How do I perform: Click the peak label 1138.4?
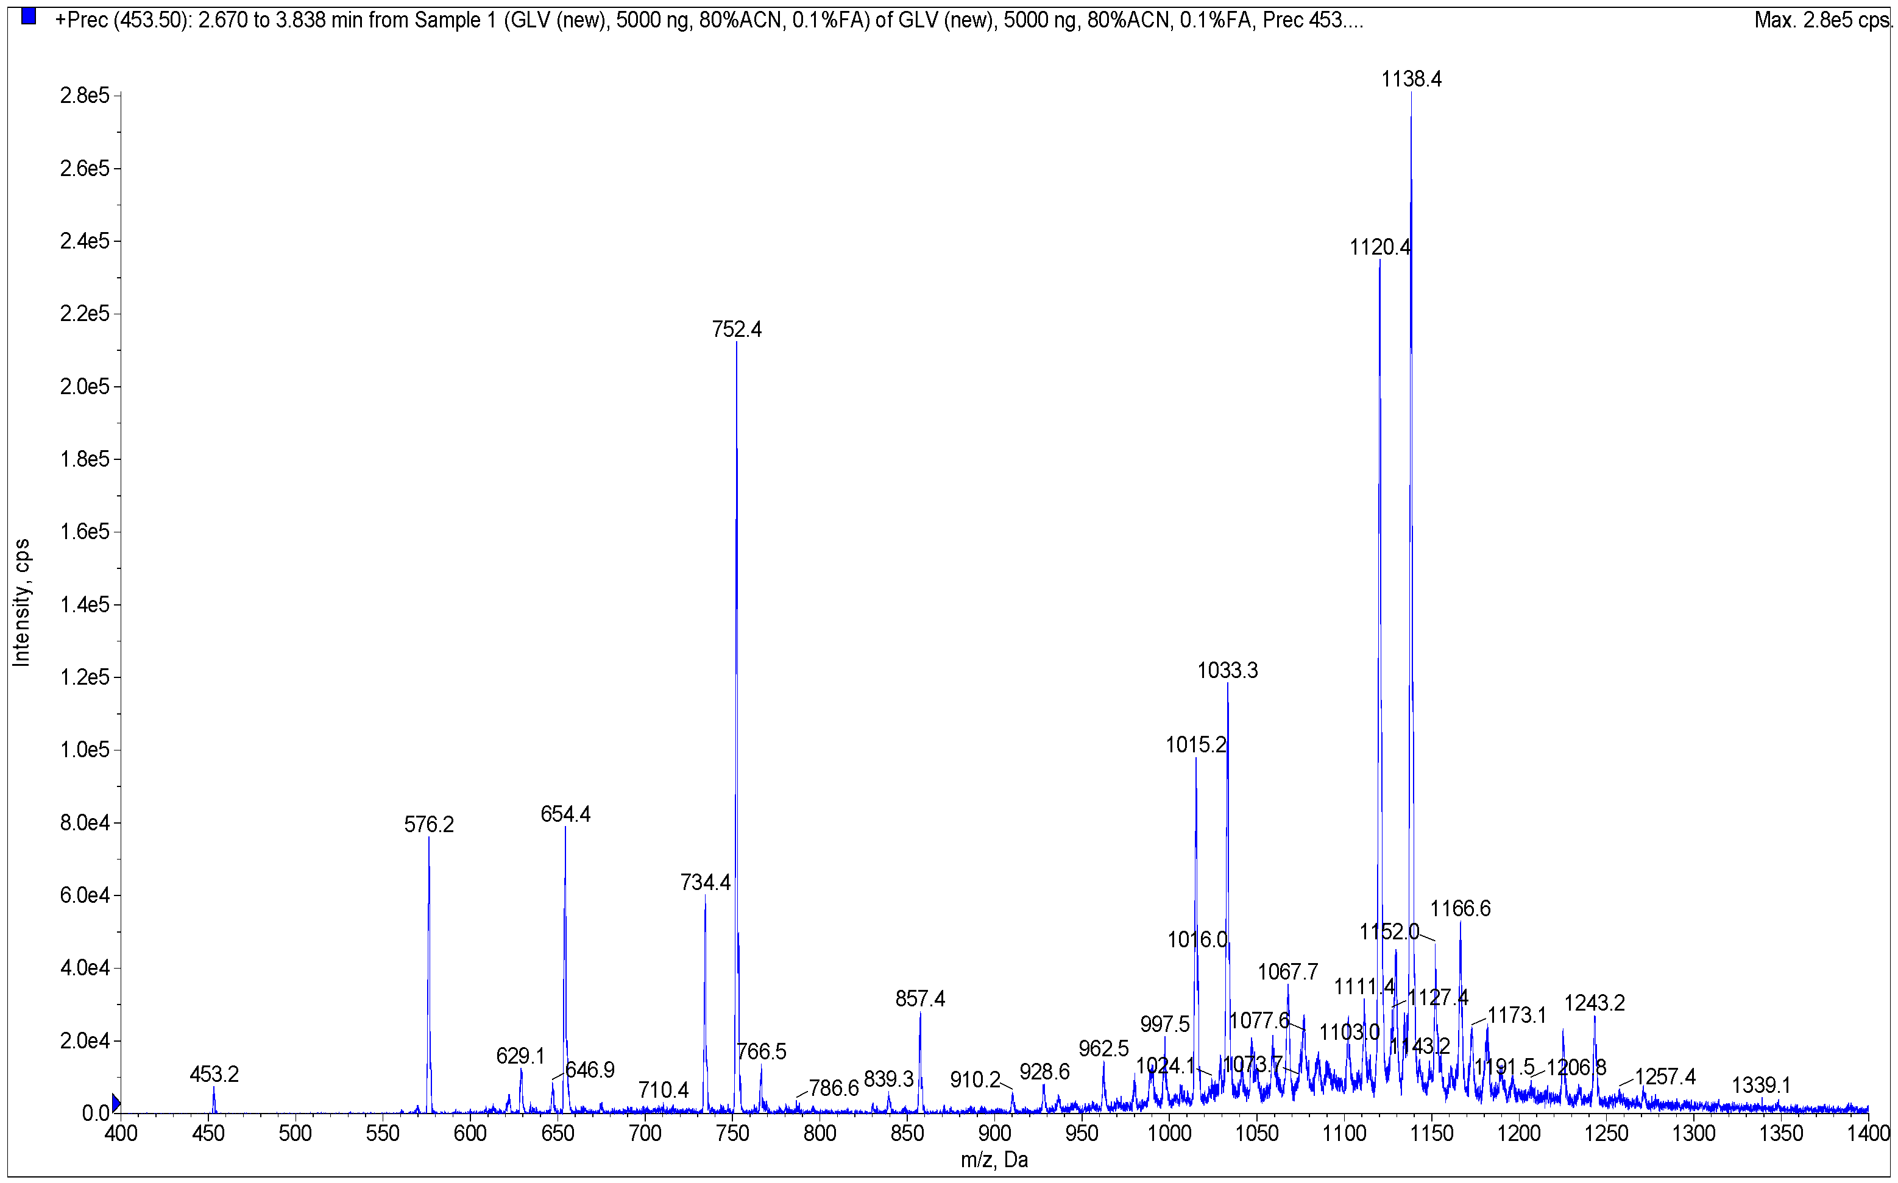point(1411,79)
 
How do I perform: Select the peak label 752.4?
point(736,330)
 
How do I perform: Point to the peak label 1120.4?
point(1379,247)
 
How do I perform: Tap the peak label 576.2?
point(429,825)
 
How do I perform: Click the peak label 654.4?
point(565,814)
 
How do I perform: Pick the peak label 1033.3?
point(1228,671)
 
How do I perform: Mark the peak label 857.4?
point(920,999)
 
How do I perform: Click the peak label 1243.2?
point(1595,1003)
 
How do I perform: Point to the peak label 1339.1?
point(1761,1085)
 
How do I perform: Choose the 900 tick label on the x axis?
point(994,1133)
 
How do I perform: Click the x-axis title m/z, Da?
point(994,1159)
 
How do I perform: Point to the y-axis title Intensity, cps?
point(21,602)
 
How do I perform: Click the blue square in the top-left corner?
point(29,16)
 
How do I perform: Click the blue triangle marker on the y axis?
point(116,1103)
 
